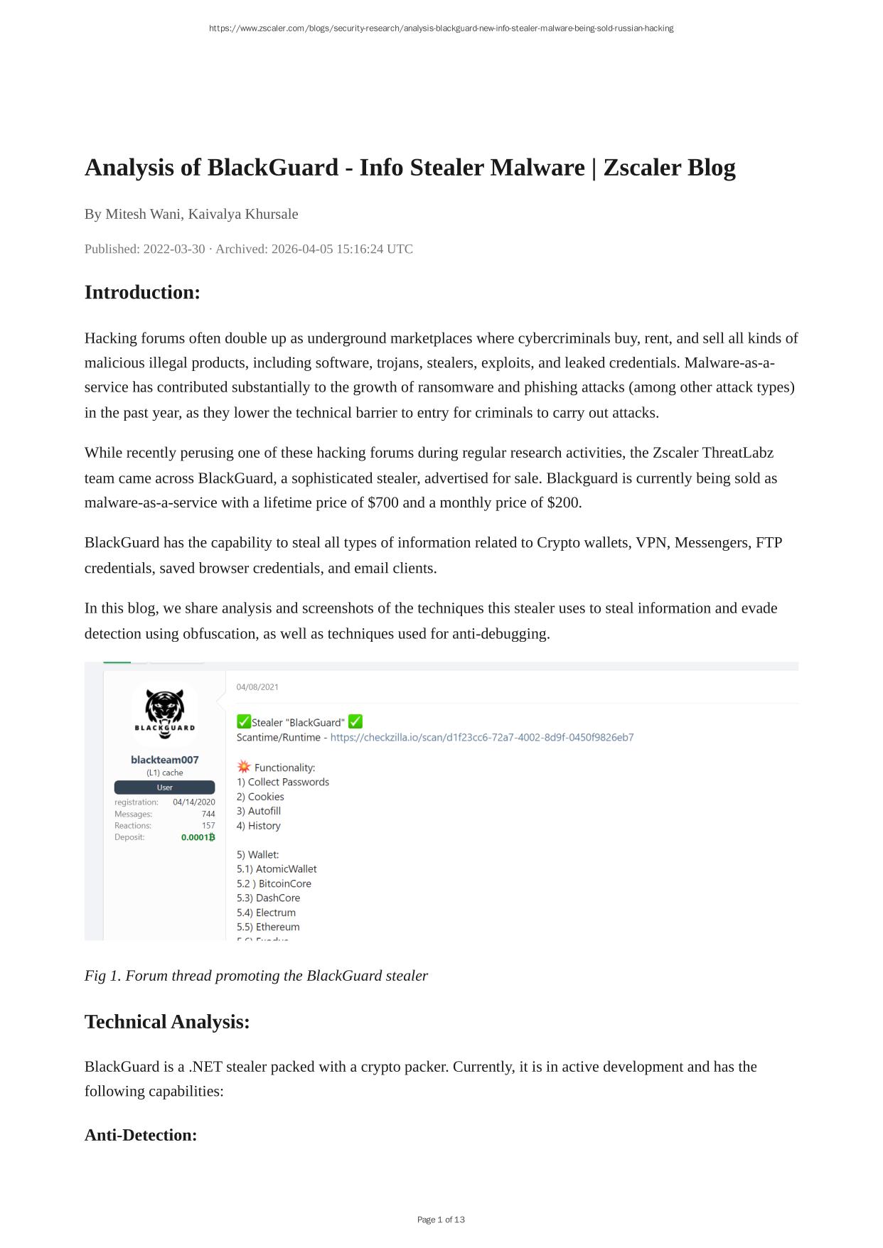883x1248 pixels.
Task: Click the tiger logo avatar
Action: pyautogui.click(x=164, y=713)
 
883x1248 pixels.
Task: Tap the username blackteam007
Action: pyautogui.click(x=164, y=760)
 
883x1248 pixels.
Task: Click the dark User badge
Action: pyautogui.click(x=164, y=787)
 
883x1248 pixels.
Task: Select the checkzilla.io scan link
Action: pyautogui.click(x=482, y=738)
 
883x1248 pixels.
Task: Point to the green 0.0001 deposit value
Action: pyautogui.click(x=198, y=837)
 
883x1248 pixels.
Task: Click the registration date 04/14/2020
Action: pyautogui.click(x=193, y=802)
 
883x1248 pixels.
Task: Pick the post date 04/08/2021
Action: pyautogui.click(x=257, y=687)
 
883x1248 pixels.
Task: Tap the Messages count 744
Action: pyautogui.click(x=208, y=814)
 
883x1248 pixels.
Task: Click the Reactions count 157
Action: pyautogui.click(x=208, y=826)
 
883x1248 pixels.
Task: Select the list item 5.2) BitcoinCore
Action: pyautogui.click(x=274, y=884)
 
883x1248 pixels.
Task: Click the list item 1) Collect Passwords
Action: pyautogui.click(x=283, y=782)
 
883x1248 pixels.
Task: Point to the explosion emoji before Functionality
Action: pyautogui.click(x=244, y=767)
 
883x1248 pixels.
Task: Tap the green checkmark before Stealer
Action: pyautogui.click(x=244, y=722)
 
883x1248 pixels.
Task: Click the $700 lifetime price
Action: pyautogui.click(x=382, y=503)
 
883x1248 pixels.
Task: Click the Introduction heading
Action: pyautogui.click(x=142, y=293)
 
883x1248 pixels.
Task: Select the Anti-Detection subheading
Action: pyautogui.click(x=141, y=1135)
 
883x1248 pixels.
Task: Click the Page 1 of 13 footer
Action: pyautogui.click(x=441, y=1220)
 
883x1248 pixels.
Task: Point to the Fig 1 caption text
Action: pyautogui.click(x=256, y=976)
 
